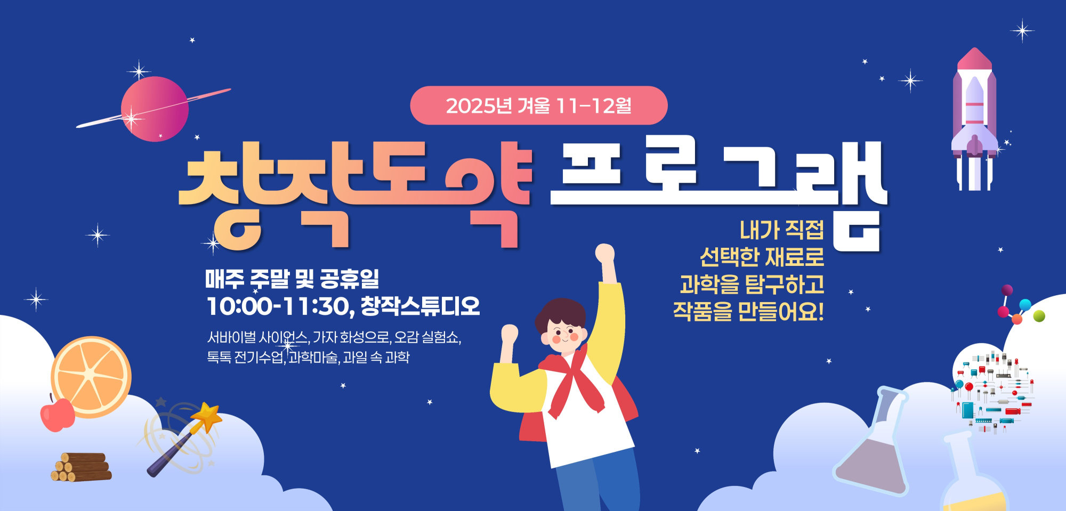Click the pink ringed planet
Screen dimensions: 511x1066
[155, 109]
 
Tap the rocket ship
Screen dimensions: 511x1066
[974, 120]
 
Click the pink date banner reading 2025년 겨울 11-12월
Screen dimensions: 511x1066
[538, 106]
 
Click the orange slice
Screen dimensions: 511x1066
[91, 376]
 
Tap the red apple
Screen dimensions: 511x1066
[58, 415]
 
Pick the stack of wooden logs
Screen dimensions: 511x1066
[82, 467]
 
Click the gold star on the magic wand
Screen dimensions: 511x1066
[207, 416]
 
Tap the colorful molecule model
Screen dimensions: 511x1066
[1019, 307]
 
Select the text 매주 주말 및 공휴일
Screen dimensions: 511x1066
[292, 278]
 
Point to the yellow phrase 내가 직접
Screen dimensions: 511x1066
[781, 230]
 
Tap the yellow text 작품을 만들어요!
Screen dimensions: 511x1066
[748, 311]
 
